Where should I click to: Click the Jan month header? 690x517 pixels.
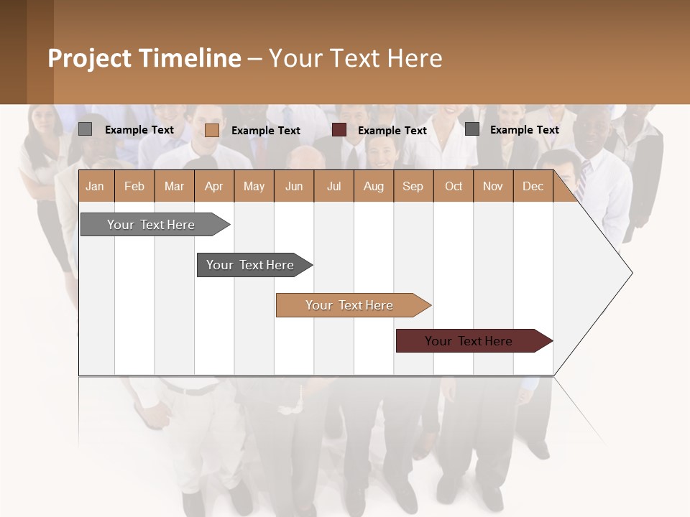pyautogui.click(x=95, y=186)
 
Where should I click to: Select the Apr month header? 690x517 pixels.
pyautogui.click(x=213, y=186)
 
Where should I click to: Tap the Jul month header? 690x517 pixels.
pyautogui.click(x=333, y=186)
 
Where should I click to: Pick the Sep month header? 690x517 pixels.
pyautogui.click(x=413, y=186)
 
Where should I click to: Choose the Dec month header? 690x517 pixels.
pyautogui.click(x=533, y=186)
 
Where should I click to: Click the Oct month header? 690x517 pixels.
pyautogui.click(x=453, y=186)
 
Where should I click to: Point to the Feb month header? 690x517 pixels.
pyautogui.click(x=134, y=186)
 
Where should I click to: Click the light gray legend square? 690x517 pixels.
pyautogui.click(x=85, y=129)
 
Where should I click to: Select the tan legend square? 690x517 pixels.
pyautogui.click(x=211, y=130)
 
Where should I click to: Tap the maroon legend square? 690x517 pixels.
pyautogui.click(x=339, y=130)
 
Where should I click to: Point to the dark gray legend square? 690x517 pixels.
pyautogui.click(x=471, y=129)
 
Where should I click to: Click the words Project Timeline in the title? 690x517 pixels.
pyautogui.click(x=144, y=58)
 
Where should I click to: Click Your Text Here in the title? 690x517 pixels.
pyautogui.click(x=355, y=58)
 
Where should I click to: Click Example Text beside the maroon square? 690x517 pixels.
pyautogui.click(x=392, y=130)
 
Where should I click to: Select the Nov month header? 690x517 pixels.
pyautogui.click(x=492, y=186)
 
